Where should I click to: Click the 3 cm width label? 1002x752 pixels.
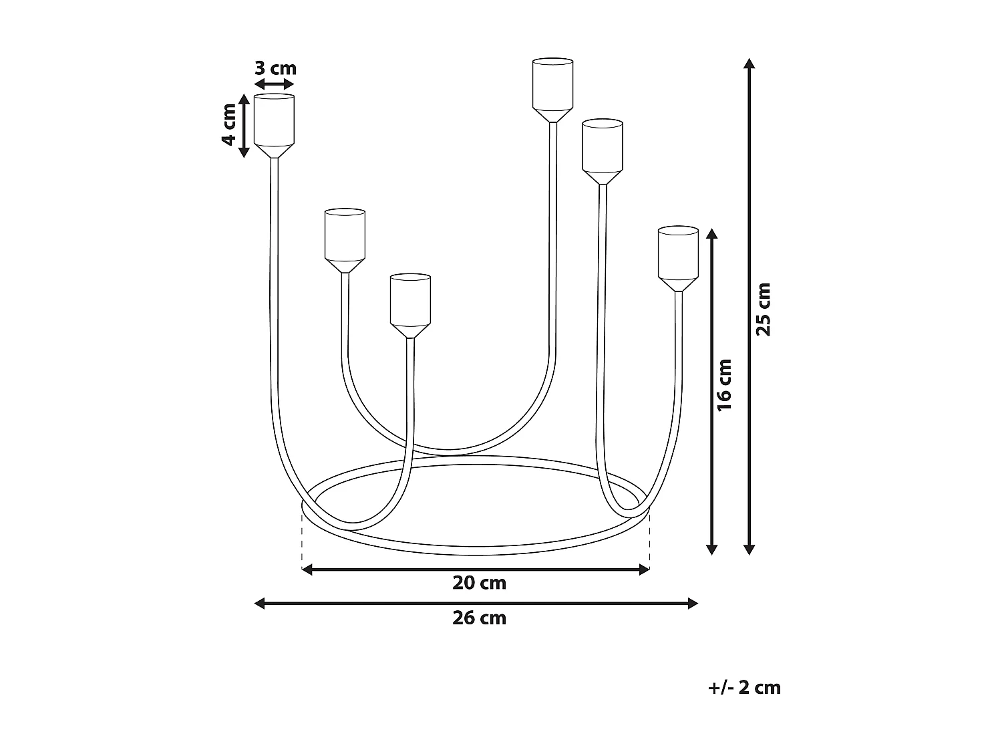[275, 68]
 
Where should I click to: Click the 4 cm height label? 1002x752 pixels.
[228, 124]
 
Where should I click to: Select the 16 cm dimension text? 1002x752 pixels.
[725, 385]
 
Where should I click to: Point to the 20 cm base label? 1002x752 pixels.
[479, 583]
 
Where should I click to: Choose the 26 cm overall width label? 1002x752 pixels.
[479, 618]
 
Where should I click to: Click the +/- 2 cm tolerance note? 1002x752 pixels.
[744, 687]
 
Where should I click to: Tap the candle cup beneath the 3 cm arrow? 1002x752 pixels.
[274, 124]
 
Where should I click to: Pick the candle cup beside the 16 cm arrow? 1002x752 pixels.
[678, 257]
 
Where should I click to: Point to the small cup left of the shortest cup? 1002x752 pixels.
[345, 239]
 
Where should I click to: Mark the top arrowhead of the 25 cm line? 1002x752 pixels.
[749, 64]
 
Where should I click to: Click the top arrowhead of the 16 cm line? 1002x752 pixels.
[711, 234]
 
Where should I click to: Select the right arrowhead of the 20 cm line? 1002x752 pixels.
[645, 570]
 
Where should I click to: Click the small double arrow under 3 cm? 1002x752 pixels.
[274, 84]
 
